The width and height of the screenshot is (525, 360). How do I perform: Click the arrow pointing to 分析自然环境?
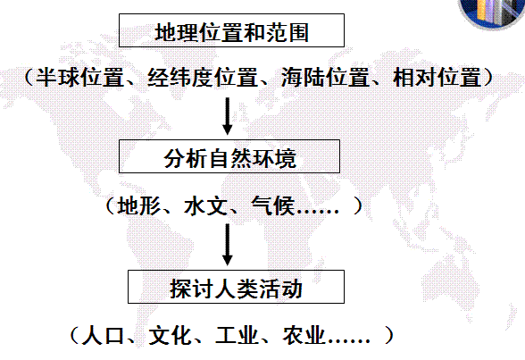[x=228, y=116]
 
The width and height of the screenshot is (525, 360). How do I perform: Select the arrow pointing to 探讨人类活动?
[x=228, y=245]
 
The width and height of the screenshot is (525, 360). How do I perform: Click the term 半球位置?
[x=79, y=78]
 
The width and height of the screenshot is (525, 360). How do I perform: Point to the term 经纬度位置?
[x=202, y=78]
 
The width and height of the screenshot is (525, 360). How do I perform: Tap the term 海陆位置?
[x=325, y=78]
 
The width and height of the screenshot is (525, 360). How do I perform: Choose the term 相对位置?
[x=437, y=78]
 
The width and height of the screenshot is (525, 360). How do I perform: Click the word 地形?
[x=139, y=205]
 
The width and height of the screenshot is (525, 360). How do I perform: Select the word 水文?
[x=205, y=205]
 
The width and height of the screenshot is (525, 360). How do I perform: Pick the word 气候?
[x=273, y=205]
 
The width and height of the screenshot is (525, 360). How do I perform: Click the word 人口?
[x=103, y=335]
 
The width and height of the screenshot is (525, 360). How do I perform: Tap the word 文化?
[x=170, y=335]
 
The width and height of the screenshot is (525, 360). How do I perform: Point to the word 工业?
[x=237, y=335]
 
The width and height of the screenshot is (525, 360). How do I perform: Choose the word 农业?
[x=304, y=335]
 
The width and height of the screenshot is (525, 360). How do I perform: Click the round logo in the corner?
[x=492, y=12]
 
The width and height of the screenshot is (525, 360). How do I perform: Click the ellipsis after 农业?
[x=349, y=341]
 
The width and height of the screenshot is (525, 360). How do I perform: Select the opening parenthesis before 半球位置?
[x=29, y=78]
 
